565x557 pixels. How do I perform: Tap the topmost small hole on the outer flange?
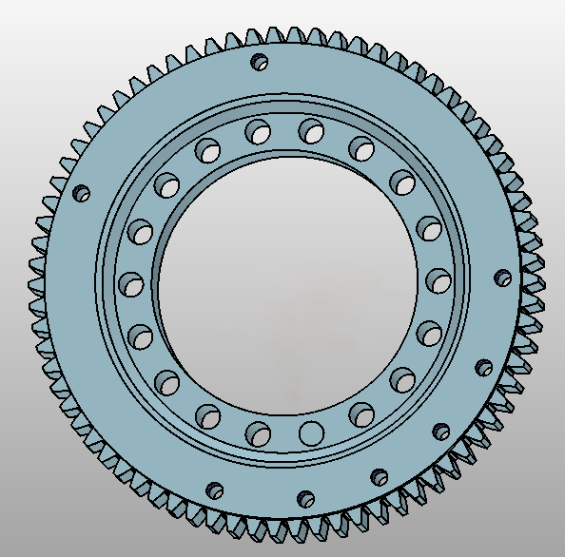(259, 63)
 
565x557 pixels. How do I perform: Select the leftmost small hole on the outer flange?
(82, 194)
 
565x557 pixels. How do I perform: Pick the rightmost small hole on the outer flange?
(503, 278)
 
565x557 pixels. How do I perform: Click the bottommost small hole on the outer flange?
(305, 498)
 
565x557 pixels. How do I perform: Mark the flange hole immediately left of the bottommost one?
(216, 490)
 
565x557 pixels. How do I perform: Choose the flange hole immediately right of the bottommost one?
(379, 476)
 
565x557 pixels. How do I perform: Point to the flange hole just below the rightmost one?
(482, 366)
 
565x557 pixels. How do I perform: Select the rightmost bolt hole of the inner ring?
(438, 280)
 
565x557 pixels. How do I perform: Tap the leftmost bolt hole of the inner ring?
(131, 283)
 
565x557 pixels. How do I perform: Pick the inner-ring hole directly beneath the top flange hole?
(257, 132)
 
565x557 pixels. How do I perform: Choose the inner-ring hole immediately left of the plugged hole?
(258, 433)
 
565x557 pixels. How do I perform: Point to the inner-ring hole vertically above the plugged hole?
(309, 129)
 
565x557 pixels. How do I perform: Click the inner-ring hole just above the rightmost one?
(429, 228)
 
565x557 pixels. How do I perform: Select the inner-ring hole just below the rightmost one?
(428, 334)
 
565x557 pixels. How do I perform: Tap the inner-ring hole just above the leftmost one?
(142, 232)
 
